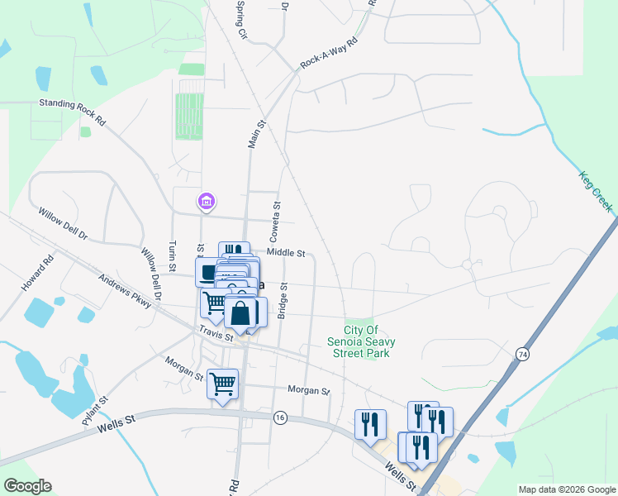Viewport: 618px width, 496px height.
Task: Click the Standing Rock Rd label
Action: coord(73,112)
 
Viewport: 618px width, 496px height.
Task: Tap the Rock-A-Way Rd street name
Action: coord(329,52)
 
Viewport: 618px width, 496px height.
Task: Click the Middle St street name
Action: coord(286,253)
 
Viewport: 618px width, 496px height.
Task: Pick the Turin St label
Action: coord(173,256)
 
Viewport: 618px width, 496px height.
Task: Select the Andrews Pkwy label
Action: coord(125,292)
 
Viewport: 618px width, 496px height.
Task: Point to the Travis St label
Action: coord(217,334)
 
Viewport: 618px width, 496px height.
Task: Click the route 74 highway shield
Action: coord(521,354)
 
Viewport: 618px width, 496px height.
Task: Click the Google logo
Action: coord(27,486)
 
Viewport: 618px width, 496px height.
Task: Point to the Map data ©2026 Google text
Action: coord(567,489)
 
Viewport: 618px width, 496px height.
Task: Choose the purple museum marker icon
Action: coord(206,201)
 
